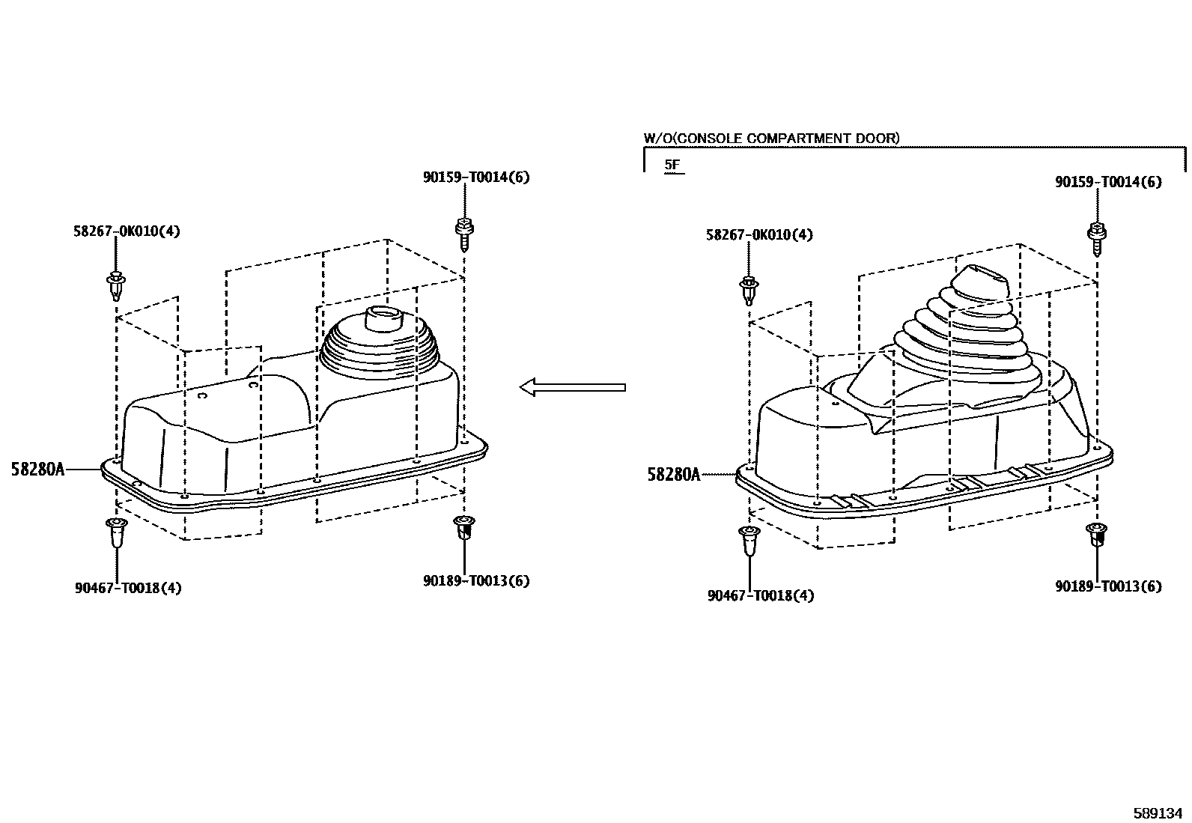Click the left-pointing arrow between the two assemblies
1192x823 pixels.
[572, 387]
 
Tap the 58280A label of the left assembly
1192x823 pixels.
[37, 469]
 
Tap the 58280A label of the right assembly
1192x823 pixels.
[674, 474]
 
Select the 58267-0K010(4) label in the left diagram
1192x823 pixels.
[127, 231]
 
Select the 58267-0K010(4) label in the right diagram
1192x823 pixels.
[759, 234]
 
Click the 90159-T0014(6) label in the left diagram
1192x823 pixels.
[476, 177]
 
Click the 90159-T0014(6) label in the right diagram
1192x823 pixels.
[1108, 182]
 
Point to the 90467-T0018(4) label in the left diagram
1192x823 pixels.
[128, 588]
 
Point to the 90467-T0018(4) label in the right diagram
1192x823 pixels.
[761, 595]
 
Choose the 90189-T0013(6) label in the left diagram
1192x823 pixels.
[476, 580]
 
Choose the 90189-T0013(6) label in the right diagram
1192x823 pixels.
[1108, 586]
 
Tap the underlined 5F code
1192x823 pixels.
[672, 165]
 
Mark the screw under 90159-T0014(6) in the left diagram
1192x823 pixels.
[464, 234]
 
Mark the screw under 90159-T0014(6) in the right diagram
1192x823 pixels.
[1096, 239]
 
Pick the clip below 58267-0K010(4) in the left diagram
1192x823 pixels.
[116, 286]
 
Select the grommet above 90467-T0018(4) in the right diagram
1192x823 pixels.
[749, 541]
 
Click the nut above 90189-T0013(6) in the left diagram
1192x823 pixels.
[464, 527]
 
